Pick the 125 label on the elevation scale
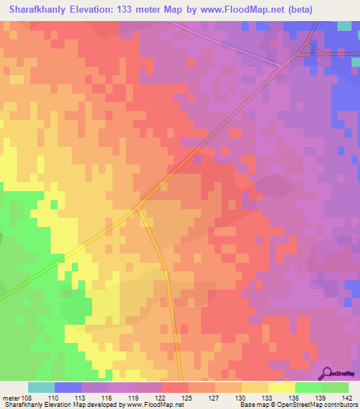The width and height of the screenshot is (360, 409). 187,398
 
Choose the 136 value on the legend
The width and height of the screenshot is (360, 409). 292,398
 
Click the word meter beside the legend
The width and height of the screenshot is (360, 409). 11,398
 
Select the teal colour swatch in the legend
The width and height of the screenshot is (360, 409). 41,387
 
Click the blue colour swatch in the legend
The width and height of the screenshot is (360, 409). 68,387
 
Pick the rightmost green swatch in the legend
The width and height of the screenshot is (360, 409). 335,387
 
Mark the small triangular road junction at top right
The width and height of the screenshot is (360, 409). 308,50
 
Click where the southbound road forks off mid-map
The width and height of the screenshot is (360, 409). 141,208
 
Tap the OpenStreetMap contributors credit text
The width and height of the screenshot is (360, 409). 320,405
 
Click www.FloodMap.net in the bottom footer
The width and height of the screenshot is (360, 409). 150,405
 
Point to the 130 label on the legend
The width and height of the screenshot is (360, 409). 240,398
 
